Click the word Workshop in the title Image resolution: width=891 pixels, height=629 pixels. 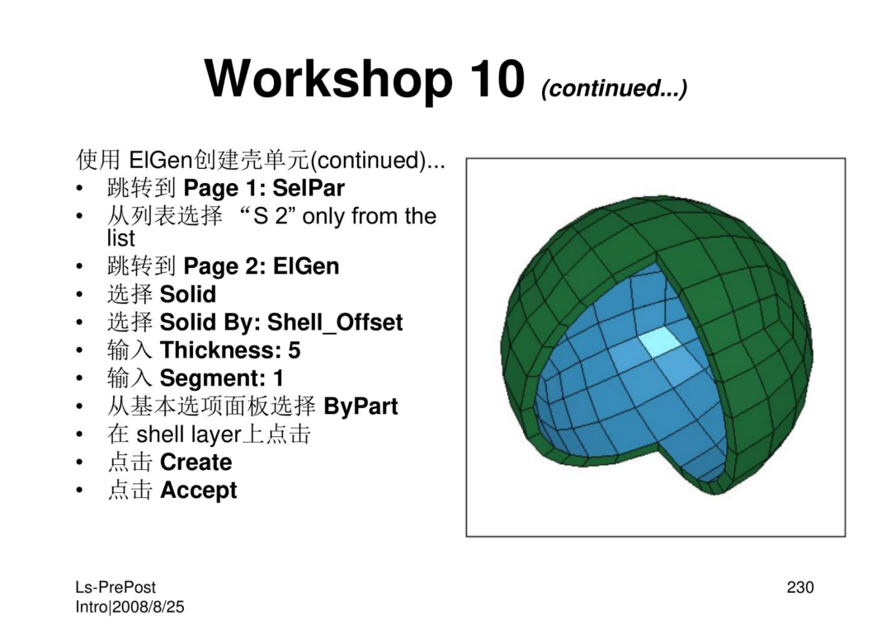(x=328, y=79)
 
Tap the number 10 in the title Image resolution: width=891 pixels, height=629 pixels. (x=497, y=78)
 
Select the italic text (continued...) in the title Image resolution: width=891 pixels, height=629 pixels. (x=614, y=88)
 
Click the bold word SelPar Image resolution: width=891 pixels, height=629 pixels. (x=308, y=188)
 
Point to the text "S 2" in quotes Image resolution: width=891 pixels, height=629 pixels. (x=271, y=216)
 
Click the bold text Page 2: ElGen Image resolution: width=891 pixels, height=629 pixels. (x=262, y=266)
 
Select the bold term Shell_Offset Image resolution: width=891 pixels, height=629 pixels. (x=335, y=322)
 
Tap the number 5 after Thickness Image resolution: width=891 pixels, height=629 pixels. (x=294, y=350)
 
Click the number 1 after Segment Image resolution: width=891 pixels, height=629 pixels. (x=278, y=378)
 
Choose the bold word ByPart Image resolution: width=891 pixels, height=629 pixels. (x=361, y=406)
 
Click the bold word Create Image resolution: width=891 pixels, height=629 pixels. (x=196, y=462)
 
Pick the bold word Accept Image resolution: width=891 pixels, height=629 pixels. (x=198, y=491)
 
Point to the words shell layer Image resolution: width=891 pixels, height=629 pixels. (x=189, y=434)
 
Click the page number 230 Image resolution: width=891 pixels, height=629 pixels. (x=800, y=587)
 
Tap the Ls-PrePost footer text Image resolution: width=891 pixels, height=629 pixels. (x=115, y=588)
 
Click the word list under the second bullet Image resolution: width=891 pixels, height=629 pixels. (x=121, y=238)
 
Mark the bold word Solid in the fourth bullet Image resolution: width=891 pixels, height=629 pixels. (x=188, y=294)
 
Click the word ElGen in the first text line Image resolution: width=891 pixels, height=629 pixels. (x=161, y=160)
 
